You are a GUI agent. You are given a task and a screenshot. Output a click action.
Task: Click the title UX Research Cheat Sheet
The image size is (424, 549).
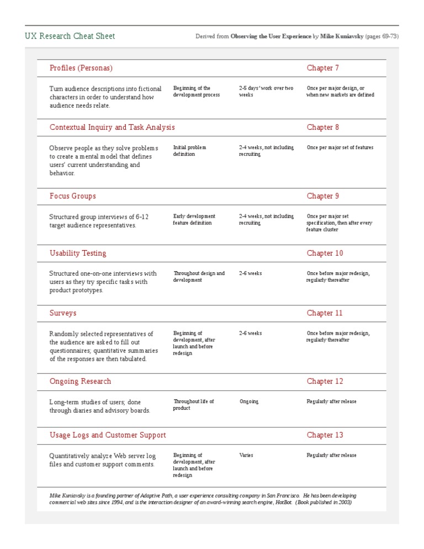point(70,36)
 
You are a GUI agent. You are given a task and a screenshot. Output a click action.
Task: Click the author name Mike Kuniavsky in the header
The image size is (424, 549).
point(341,36)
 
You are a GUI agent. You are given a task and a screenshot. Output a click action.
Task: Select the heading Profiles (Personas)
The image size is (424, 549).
point(81,68)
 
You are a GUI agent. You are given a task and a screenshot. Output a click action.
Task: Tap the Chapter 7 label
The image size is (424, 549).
point(323,68)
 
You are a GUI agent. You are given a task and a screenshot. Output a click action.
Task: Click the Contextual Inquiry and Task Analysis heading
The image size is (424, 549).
point(112,127)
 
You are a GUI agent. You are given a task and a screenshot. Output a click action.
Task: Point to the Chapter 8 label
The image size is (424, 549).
point(323,127)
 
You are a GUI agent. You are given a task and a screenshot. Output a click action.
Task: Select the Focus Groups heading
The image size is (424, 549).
point(72,196)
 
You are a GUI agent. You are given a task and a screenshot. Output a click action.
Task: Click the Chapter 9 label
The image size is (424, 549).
point(323,196)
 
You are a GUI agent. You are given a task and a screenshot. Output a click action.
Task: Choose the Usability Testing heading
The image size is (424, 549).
point(78,253)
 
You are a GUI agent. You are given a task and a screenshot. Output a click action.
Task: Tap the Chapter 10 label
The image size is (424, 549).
point(325,253)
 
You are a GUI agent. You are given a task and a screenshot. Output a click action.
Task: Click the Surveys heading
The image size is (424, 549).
point(63,313)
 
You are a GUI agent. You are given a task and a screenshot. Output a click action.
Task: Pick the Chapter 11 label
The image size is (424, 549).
point(325,313)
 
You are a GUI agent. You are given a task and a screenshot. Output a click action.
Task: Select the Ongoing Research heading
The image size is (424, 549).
point(80,381)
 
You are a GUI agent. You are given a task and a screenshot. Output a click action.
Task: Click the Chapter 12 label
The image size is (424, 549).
point(325,381)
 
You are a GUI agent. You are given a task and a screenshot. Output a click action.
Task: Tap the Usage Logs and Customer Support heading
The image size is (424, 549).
point(108,435)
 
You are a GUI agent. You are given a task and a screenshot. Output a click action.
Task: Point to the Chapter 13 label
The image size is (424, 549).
point(325,435)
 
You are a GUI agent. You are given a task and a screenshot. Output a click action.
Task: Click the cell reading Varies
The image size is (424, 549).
point(246,456)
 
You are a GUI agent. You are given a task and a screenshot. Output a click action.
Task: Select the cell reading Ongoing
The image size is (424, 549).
point(248,402)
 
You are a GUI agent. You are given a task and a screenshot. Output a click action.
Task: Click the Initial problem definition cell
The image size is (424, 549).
point(189,151)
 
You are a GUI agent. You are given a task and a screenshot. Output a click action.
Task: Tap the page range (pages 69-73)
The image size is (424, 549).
point(382,36)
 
